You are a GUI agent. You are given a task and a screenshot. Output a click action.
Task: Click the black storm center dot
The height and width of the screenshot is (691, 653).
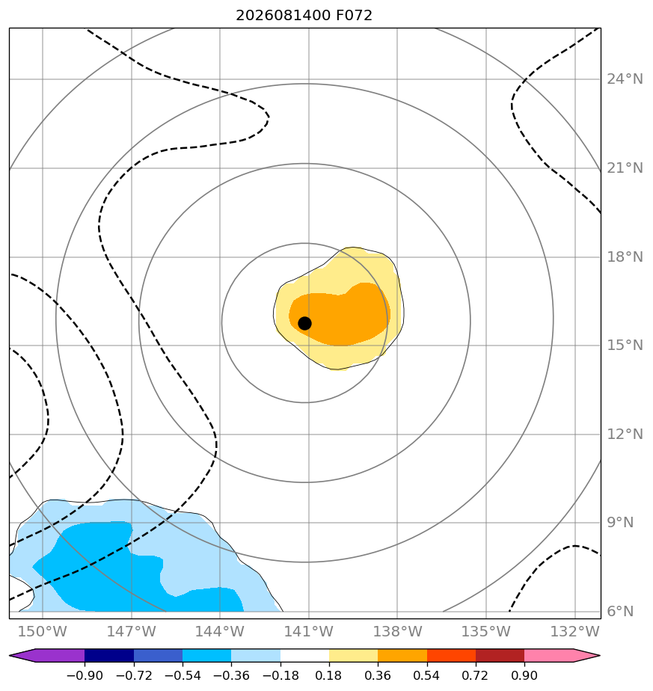(x=304, y=324)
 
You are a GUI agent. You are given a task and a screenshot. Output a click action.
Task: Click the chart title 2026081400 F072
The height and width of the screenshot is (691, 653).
(x=304, y=16)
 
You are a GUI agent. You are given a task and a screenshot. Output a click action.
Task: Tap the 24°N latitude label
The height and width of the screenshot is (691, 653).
(x=625, y=79)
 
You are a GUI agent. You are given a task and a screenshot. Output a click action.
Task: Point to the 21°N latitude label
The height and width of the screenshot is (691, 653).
(x=625, y=168)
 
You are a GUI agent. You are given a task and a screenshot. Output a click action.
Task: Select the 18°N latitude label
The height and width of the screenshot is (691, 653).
(x=625, y=257)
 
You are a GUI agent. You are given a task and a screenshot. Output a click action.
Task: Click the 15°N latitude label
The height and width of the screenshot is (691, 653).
(x=625, y=345)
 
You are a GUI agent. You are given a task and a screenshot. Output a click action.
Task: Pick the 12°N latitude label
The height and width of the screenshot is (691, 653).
(x=625, y=434)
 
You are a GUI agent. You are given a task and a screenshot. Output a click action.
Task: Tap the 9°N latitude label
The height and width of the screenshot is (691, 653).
(x=620, y=523)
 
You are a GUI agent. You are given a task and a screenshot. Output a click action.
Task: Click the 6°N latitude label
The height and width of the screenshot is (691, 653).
(x=620, y=612)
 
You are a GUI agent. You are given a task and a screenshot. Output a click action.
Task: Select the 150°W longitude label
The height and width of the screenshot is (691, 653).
(x=43, y=632)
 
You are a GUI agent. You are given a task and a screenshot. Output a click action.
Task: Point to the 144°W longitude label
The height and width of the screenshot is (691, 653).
(x=220, y=632)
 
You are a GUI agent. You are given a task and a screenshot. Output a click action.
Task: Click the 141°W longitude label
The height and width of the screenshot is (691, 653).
(x=309, y=632)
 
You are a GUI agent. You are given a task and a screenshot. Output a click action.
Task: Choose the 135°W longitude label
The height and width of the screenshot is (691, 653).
(x=486, y=632)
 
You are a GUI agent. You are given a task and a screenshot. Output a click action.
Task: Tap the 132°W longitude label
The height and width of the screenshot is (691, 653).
(x=575, y=632)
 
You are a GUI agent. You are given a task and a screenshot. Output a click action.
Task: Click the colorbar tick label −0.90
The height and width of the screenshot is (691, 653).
(x=85, y=676)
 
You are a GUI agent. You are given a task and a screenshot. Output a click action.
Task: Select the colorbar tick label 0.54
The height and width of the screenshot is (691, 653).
(x=426, y=676)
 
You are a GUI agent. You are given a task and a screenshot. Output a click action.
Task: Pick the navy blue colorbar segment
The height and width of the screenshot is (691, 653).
(x=109, y=656)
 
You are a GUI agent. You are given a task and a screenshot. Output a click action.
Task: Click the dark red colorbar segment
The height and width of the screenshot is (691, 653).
(x=500, y=656)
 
